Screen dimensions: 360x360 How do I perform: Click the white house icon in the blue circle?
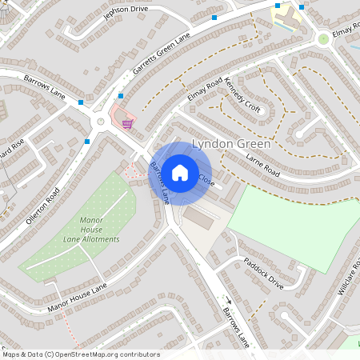[x=180, y=172]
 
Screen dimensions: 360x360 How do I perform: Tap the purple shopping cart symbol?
[x=127, y=123]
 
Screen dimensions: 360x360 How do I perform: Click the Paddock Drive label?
[x=264, y=273]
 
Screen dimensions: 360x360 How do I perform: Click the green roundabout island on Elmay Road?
[x=323, y=38]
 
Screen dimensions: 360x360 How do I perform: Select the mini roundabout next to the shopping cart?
[x=101, y=122]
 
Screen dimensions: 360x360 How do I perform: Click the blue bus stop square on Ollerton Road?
[x=86, y=142]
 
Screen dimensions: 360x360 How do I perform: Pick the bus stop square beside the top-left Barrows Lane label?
[x=81, y=102]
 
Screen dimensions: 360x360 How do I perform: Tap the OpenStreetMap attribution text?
[x=81, y=354]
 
